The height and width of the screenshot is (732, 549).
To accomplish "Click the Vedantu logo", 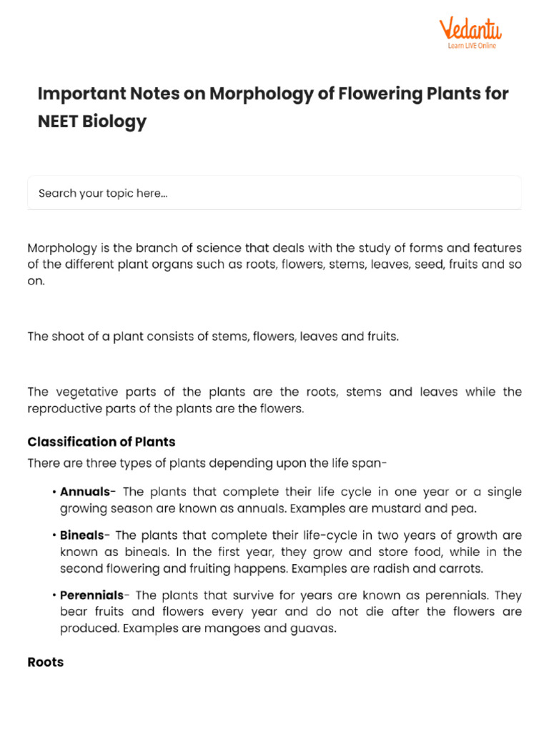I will click(470, 29).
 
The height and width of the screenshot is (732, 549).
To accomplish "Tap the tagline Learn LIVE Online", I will click(472, 46).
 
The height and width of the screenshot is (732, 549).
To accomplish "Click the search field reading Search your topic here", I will click(274, 193).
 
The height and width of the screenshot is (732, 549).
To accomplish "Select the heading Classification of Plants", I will click(102, 442).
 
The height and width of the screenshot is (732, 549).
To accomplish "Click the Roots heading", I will click(45, 662).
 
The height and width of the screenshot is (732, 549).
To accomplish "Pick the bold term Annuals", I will click(85, 492).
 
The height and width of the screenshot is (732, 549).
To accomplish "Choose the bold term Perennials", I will click(91, 595).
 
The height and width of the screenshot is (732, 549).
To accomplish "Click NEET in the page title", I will click(58, 122).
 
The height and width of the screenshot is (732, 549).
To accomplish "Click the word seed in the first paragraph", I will click(406, 264).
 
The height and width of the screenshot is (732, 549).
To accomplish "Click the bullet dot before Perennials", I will click(54, 595).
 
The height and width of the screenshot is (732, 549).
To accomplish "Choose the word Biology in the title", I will click(114, 122).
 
